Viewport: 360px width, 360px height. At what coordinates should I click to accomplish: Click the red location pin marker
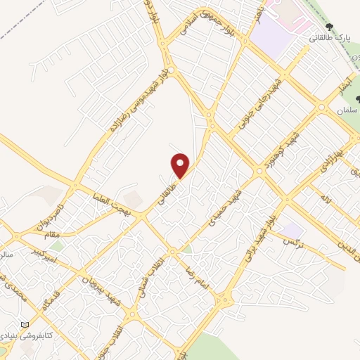click(x=181, y=166)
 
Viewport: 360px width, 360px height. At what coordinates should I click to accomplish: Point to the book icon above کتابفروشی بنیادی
click(x=26, y=324)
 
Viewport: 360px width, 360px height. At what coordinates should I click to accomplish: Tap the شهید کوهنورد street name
click(x=279, y=150)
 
